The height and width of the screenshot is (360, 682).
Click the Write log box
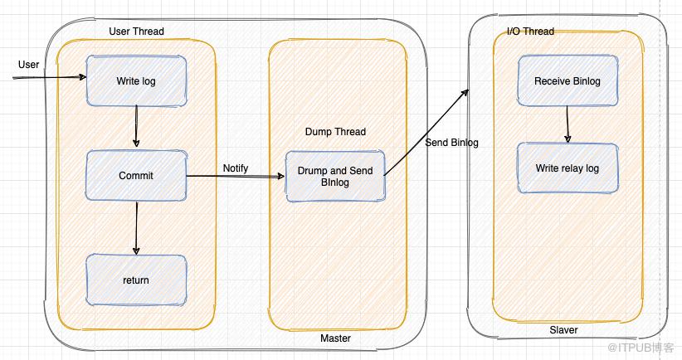click(136, 81)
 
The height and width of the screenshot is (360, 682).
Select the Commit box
click(136, 176)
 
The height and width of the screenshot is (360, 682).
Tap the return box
click(136, 280)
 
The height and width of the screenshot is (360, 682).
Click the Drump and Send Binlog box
click(335, 177)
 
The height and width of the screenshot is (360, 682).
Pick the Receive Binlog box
click(568, 81)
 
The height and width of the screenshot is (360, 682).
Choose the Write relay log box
click(568, 168)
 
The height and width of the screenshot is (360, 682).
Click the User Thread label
click(136, 32)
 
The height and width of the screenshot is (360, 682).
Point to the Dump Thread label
click(335, 132)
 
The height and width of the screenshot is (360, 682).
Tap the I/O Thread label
click(530, 32)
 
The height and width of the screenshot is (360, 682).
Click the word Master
click(335, 338)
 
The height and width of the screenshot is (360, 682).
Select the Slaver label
click(563, 330)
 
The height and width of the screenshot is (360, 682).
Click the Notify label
click(236, 168)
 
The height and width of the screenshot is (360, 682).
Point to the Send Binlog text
click(451, 143)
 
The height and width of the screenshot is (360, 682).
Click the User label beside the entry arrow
click(28, 65)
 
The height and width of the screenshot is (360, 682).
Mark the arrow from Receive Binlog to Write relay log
click(568, 124)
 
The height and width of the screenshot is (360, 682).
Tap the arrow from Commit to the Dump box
click(236, 177)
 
